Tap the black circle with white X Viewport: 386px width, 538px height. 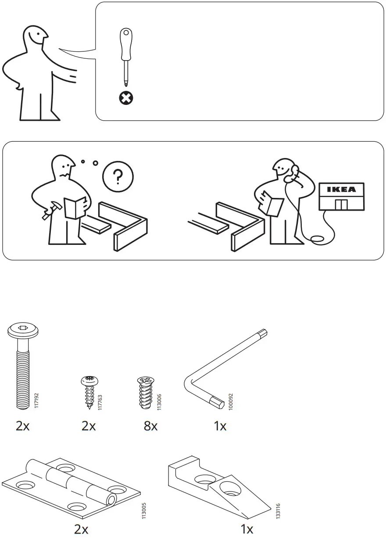[x=126, y=98]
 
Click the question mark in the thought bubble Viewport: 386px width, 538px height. [x=118, y=177]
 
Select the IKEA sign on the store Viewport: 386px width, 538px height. [x=342, y=190]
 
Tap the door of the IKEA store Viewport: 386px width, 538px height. [x=341, y=204]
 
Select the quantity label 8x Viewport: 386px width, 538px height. [x=150, y=426]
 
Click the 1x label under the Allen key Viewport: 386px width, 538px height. [x=220, y=426]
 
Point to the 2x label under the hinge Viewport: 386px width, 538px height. [x=81, y=529]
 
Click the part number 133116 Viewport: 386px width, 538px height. [x=278, y=511]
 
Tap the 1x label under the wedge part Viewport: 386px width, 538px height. [x=247, y=529]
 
